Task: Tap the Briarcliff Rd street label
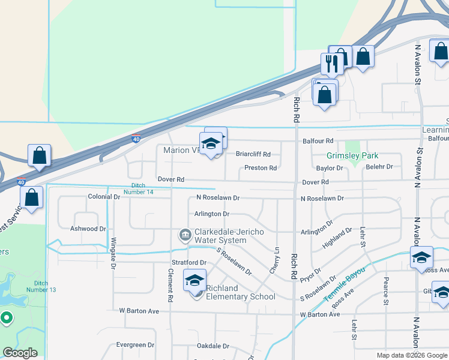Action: [253, 154]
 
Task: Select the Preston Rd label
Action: [261, 168]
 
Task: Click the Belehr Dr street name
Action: [379, 167]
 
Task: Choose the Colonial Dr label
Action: [104, 196]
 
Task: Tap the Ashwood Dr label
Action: [88, 229]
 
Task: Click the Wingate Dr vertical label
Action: [113, 253]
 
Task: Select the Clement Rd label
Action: [171, 286]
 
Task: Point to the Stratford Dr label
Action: [190, 263]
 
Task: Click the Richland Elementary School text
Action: [240, 292]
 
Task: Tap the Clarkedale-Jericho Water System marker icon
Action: [185, 233]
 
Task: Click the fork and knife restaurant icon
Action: [331, 63]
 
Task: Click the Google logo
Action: [20, 353]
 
